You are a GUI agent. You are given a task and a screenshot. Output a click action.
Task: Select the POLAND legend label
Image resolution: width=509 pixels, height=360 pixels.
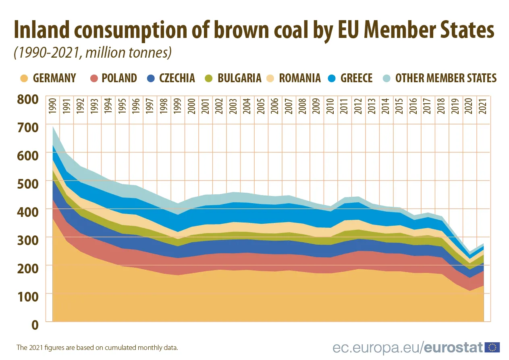tap(119, 78)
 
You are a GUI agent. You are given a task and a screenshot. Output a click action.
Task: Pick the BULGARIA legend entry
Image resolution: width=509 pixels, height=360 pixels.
tap(239, 78)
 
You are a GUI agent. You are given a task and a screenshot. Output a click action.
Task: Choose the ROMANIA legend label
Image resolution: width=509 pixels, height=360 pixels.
tap(300, 78)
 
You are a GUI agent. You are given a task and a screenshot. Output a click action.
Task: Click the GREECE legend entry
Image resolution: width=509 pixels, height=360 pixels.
tap(356, 78)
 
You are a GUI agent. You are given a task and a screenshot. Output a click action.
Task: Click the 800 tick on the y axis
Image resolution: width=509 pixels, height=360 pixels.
tap(27, 99)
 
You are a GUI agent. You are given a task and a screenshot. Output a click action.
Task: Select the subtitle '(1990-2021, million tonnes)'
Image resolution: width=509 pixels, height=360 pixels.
tap(93, 52)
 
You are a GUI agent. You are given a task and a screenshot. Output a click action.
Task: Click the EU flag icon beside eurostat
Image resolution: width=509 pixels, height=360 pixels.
tap(492, 347)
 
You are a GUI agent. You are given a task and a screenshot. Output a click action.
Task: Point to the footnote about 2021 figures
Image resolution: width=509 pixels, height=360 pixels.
tap(97, 347)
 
